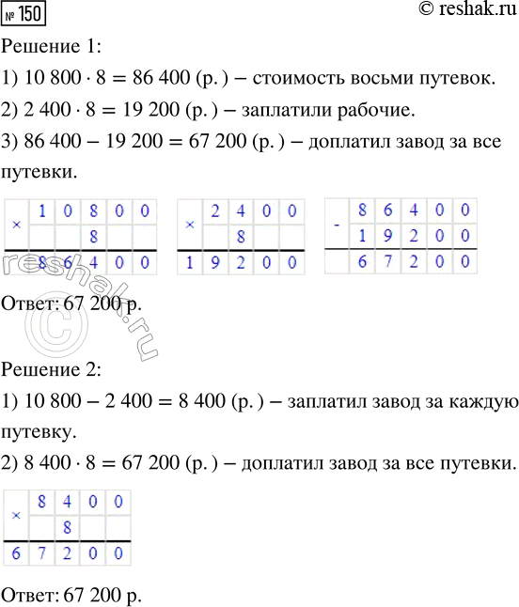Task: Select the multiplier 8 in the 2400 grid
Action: point(243,235)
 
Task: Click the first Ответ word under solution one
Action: point(31,304)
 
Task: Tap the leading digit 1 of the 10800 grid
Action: point(42,210)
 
